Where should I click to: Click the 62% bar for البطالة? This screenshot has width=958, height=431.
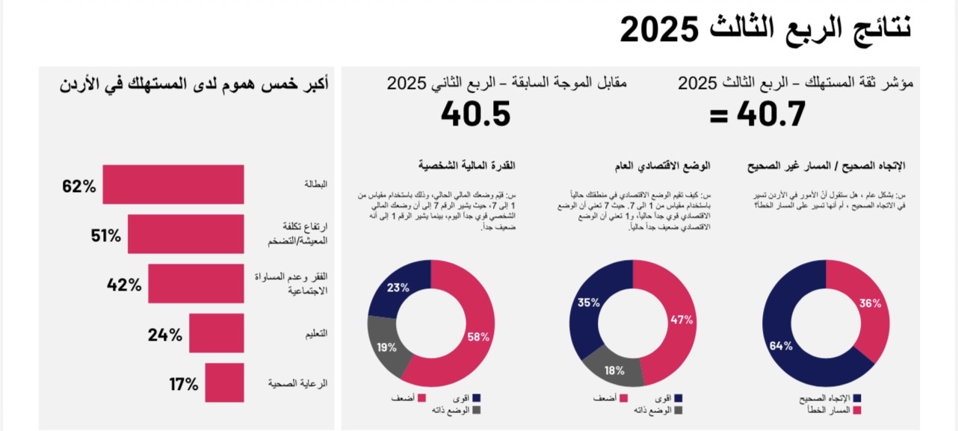coord(173,184)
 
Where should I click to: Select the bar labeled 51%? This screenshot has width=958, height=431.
coord(185,234)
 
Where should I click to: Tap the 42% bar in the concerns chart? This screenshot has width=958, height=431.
coord(196,283)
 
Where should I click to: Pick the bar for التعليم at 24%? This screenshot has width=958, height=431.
coord(216,333)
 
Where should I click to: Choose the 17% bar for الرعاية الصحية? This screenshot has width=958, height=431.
coord(224,382)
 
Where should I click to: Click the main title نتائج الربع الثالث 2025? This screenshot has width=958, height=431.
coord(766,29)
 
